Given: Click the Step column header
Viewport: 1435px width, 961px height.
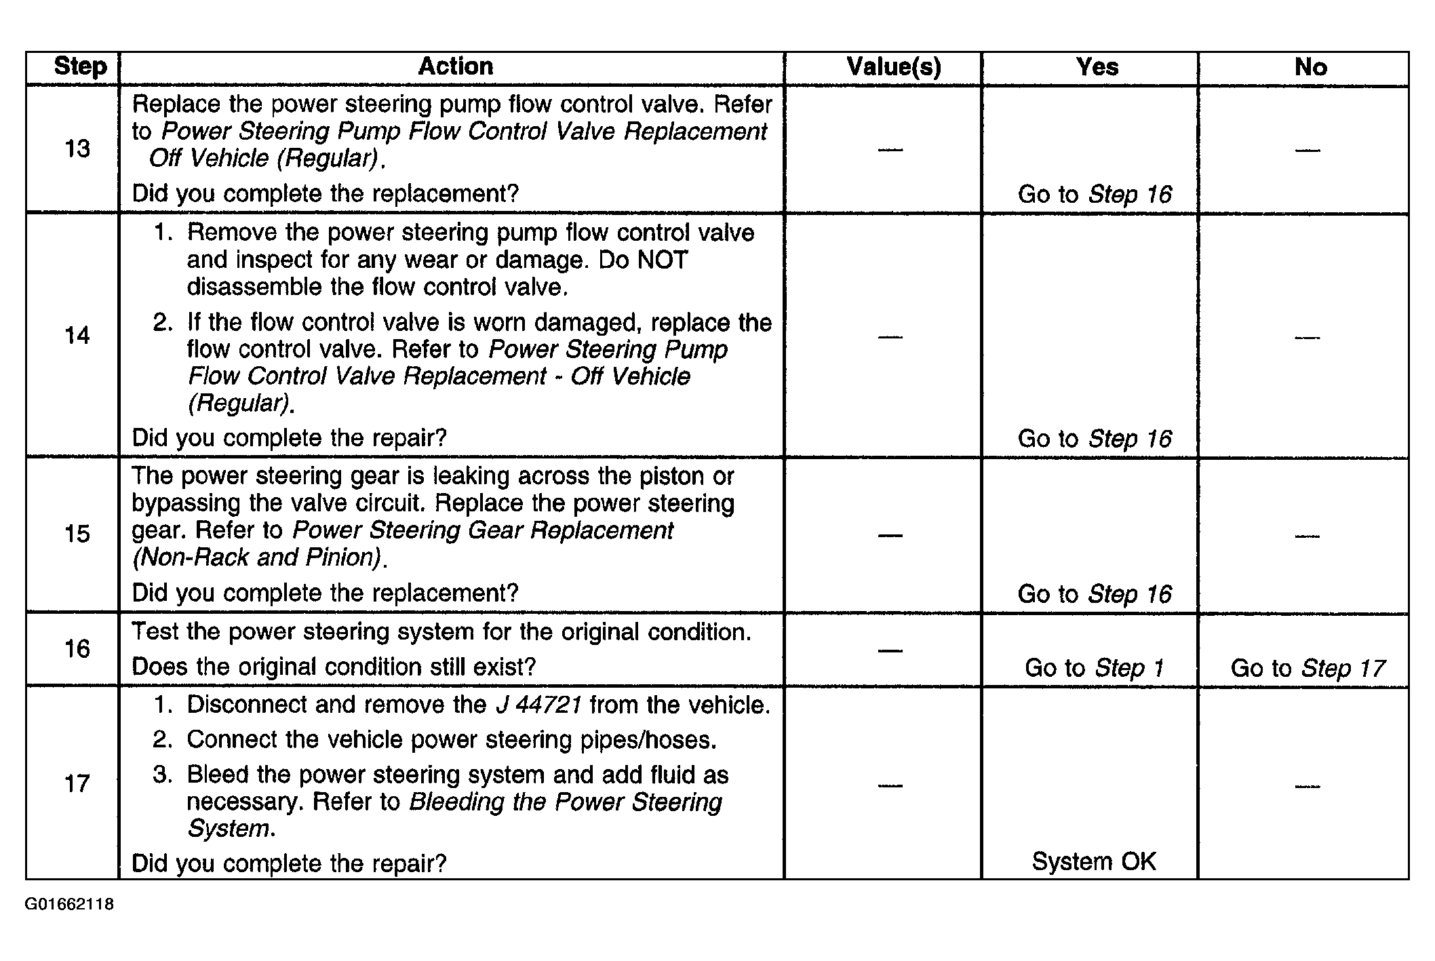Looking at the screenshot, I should point(80,66).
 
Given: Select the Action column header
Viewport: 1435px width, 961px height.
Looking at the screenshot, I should point(455,66).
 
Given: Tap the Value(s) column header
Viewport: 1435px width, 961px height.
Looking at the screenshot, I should point(893,67).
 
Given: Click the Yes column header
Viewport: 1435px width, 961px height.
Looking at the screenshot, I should point(1097,67).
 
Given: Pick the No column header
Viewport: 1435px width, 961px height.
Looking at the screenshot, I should point(1310,67).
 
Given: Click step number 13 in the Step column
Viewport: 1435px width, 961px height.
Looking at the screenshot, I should point(77,149).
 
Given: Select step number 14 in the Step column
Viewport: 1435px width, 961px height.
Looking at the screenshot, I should point(77,335).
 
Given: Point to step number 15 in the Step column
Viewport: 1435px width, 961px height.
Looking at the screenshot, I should point(77,534).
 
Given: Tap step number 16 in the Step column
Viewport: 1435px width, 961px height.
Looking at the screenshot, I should point(77,649).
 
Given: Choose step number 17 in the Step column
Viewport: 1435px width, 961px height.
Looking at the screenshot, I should point(77,784).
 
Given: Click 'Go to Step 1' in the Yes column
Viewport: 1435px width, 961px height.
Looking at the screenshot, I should point(1094,668).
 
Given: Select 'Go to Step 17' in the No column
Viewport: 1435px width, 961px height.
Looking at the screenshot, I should point(1308,668).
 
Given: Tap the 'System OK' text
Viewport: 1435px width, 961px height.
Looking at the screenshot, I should point(1093,861).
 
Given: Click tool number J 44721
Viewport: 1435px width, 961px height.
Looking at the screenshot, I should point(538,705).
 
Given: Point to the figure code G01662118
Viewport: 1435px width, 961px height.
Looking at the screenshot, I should point(69,905).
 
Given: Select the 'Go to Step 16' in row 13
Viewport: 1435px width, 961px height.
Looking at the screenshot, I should point(1094,195).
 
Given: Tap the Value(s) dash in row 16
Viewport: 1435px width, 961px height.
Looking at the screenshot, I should point(890,650).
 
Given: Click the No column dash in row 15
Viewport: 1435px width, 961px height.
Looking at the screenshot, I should point(1307,536).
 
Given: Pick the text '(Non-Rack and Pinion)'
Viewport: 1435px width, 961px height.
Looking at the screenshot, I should point(256,557).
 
